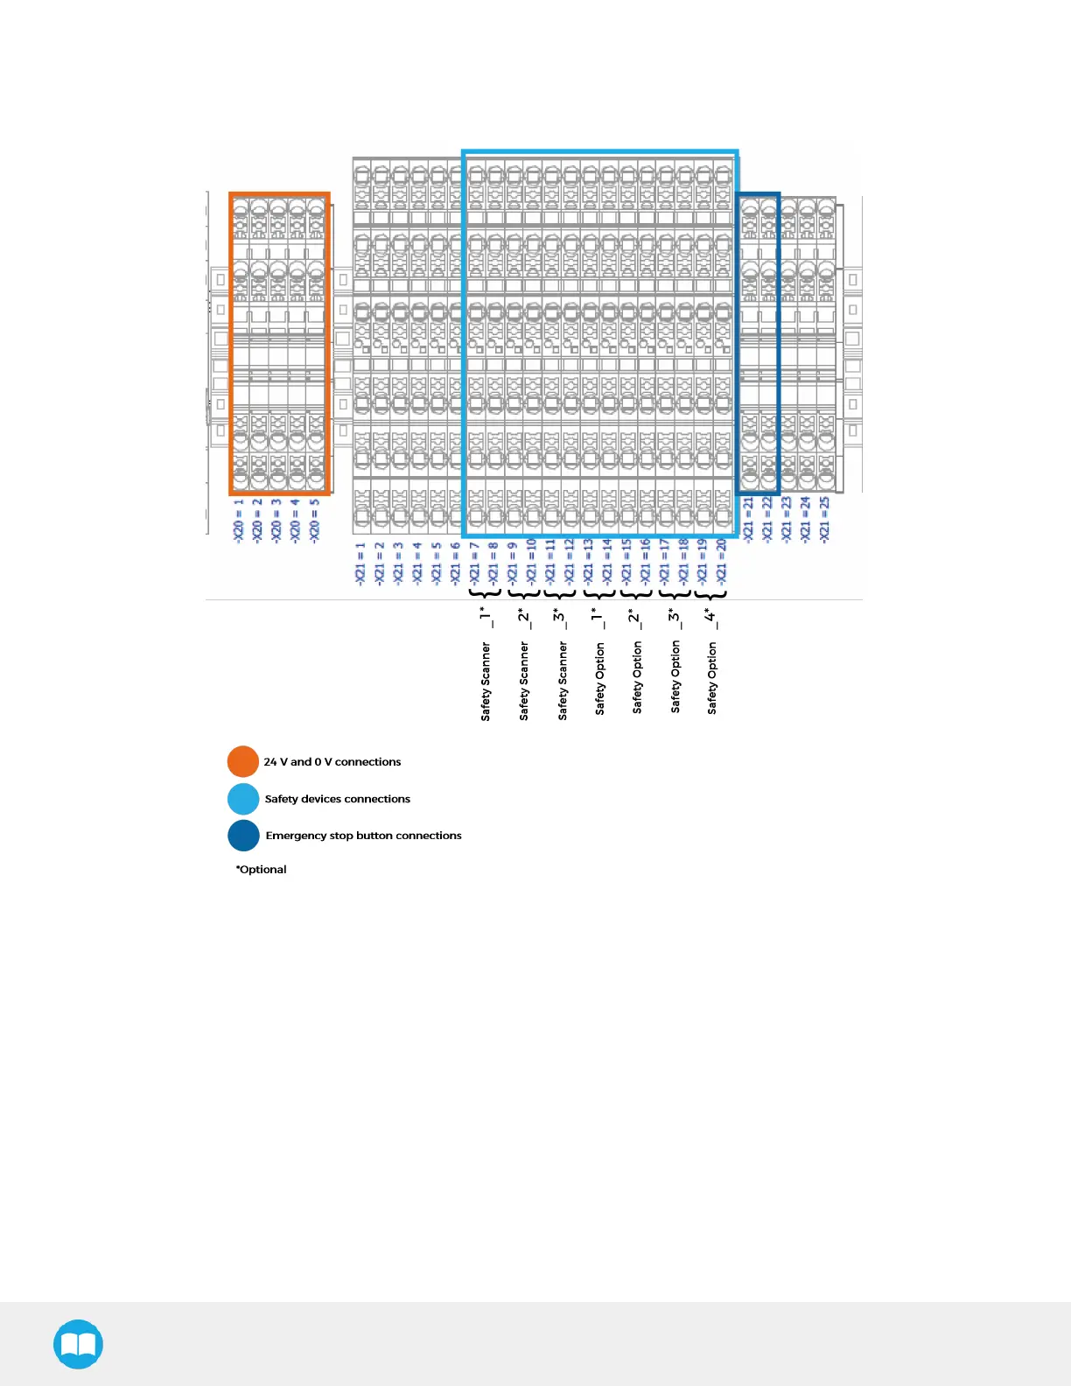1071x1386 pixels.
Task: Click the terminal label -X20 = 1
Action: [x=238, y=521]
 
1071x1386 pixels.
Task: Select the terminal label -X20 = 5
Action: [x=314, y=521]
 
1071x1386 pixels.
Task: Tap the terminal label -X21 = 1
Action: [x=360, y=563]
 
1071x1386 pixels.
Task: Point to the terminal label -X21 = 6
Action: [x=455, y=563]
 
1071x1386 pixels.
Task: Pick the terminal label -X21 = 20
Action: [x=721, y=561]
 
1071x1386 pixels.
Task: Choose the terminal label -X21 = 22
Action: [x=766, y=519]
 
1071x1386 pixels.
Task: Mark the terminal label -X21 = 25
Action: [x=823, y=519]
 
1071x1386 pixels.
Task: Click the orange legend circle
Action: [x=243, y=761]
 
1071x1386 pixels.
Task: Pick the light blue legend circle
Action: [x=243, y=799]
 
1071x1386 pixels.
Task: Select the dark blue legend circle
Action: [x=243, y=836]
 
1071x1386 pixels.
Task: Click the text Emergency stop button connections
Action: [x=363, y=836]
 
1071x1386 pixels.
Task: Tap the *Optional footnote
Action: [x=261, y=870]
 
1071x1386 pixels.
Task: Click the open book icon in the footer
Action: [x=79, y=1344]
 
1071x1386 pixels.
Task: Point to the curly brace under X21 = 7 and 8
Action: [x=485, y=595]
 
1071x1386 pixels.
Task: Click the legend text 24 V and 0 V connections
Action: [x=332, y=762]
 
